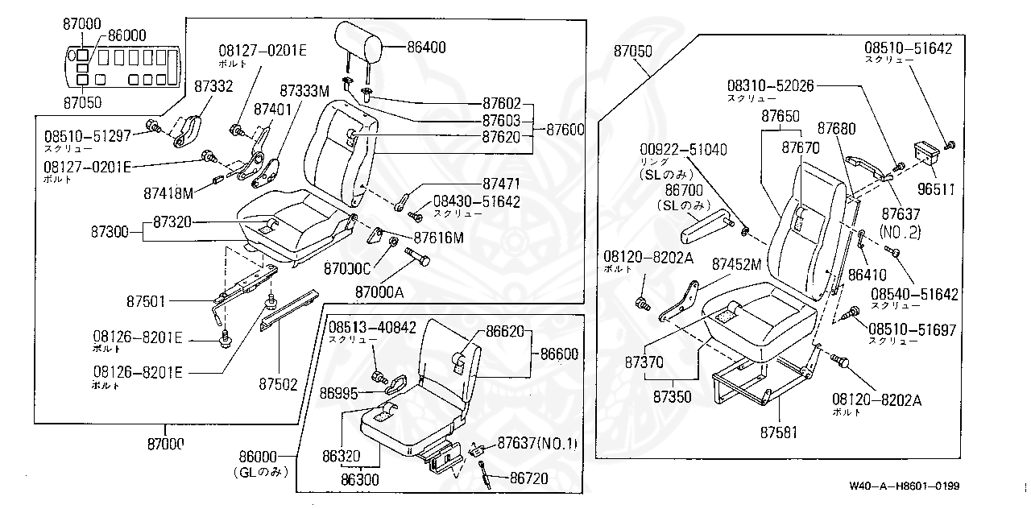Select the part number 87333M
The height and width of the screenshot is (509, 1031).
pyautogui.click(x=304, y=90)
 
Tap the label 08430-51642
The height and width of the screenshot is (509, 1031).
pyautogui.click(x=476, y=201)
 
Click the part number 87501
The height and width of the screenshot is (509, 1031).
pyautogui.click(x=145, y=302)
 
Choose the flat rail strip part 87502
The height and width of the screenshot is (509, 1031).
pyautogui.click(x=288, y=309)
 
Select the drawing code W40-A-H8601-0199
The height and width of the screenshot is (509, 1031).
pyautogui.click(x=903, y=487)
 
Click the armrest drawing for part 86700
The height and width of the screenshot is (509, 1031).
pyautogui.click(x=706, y=231)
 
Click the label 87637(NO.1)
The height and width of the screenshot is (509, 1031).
pyautogui.click(x=537, y=443)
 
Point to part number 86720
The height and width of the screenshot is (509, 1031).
pyautogui.click(x=528, y=478)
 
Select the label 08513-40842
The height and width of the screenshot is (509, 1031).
pyautogui.click(x=372, y=327)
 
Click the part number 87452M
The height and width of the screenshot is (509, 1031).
pyautogui.click(x=736, y=264)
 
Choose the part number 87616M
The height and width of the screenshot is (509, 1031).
pyautogui.click(x=439, y=238)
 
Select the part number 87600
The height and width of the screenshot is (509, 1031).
pyautogui.click(x=565, y=129)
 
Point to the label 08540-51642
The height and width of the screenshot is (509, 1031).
pyautogui.click(x=914, y=294)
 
